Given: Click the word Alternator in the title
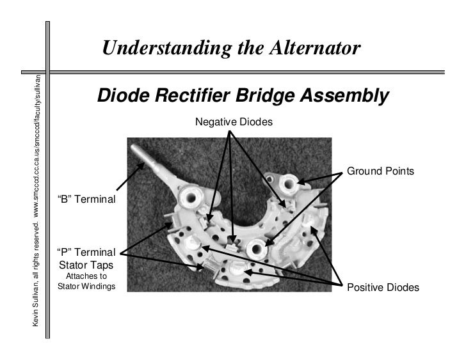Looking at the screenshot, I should coord(307,48).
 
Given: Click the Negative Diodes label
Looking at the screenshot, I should coord(234,121).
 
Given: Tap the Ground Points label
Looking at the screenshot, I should coord(380,172).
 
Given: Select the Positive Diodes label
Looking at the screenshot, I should coord(383,288).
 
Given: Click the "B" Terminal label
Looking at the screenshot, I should coord(86,199).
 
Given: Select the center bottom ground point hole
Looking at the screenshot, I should coord(259,247).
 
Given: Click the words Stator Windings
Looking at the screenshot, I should coord(86,286).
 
